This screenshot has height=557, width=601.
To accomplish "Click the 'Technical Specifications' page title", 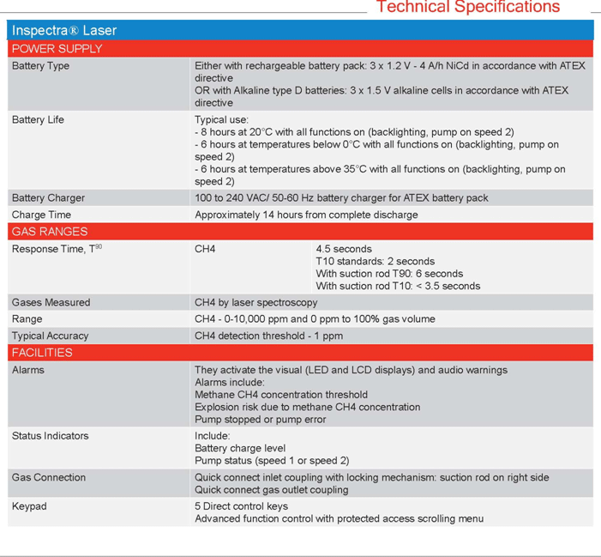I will click(x=467, y=8).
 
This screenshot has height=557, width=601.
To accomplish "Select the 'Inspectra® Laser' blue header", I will click(x=64, y=31).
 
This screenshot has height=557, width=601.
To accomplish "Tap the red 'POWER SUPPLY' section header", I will click(x=57, y=49).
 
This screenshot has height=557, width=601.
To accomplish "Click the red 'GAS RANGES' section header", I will click(x=50, y=232).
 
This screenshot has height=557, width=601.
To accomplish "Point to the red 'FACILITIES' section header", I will click(x=42, y=353).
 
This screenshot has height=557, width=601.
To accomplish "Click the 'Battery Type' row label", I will click(x=40, y=66).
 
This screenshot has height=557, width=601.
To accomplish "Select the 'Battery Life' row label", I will click(x=38, y=120).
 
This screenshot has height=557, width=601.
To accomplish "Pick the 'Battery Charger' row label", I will click(x=48, y=198).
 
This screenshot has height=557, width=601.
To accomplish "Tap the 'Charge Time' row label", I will click(x=41, y=215).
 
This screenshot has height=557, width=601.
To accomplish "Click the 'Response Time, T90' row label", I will click(x=57, y=249).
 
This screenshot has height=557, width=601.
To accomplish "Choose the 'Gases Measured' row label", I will click(x=51, y=302).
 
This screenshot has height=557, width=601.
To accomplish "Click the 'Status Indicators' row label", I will click(x=50, y=436).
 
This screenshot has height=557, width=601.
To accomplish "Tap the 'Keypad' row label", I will click(x=29, y=506).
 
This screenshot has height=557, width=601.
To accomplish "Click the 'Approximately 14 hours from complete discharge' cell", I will click(x=306, y=215).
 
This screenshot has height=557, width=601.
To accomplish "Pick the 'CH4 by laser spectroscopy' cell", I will click(x=255, y=302).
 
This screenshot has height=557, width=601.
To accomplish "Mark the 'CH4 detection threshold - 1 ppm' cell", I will click(x=268, y=336).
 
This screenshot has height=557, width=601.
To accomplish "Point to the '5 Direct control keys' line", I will click(x=242, y=506).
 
